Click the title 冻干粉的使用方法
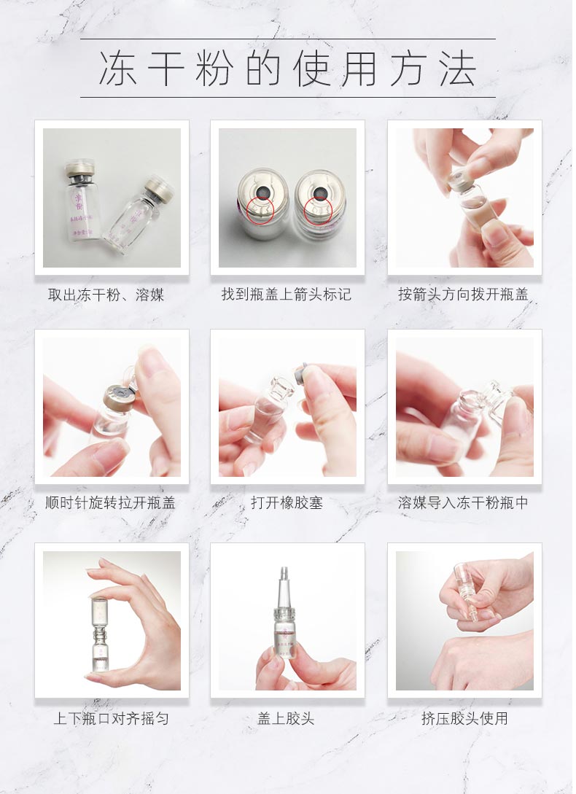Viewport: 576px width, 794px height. (287, 69)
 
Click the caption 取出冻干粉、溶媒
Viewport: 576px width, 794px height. (106, 295)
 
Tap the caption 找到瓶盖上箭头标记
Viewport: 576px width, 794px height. (287, 295)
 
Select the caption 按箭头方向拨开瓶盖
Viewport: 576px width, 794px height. (464, 295)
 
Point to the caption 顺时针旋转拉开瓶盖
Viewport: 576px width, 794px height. (110, 503)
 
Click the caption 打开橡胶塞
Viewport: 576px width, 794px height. (287, 503)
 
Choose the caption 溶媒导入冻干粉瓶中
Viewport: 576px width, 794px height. (464, 503)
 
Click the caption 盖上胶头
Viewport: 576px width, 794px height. (286, 718)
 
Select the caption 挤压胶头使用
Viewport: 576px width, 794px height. (464, 718)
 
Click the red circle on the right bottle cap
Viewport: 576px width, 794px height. (318, 209)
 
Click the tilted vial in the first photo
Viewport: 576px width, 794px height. (140, 211)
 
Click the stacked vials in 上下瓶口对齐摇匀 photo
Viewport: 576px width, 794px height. (100, 631)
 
